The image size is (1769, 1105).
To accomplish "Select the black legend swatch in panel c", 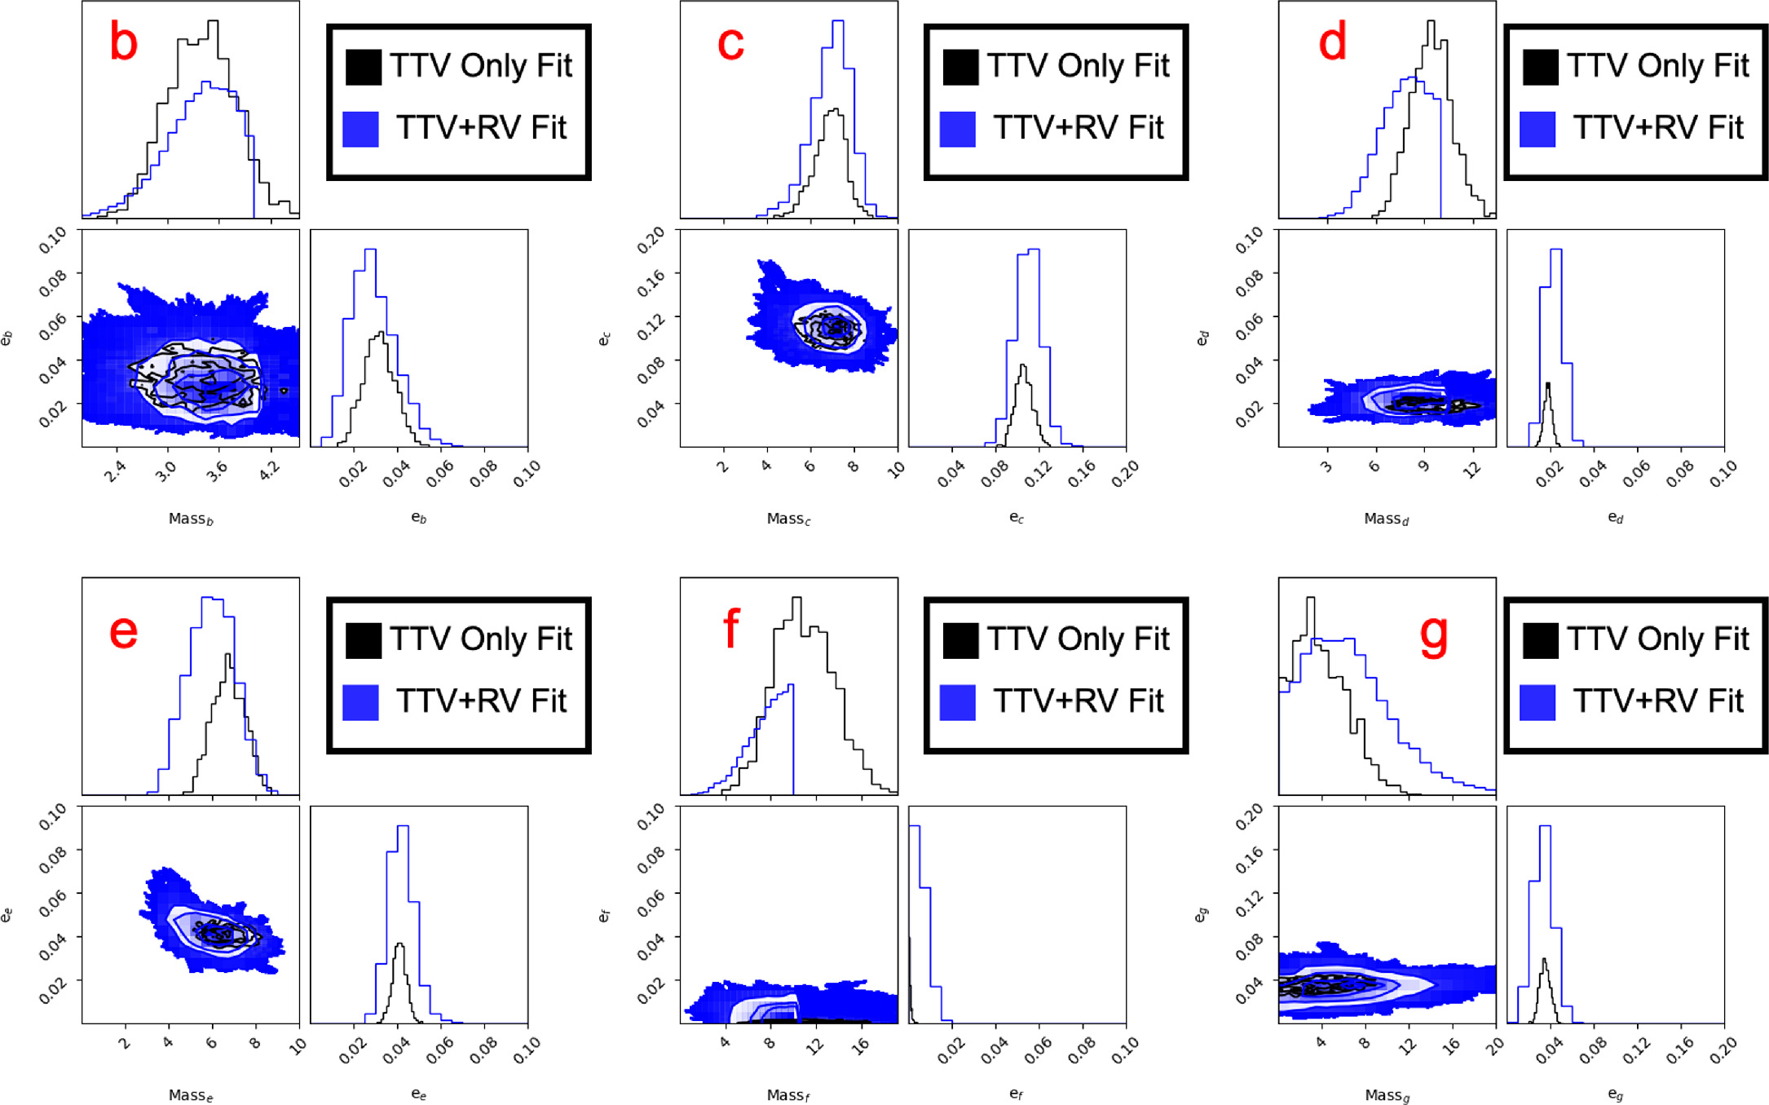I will pyautogui.click(x=960, y=68).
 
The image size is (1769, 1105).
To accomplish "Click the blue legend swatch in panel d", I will pyautogui.click(x=1537, y=130).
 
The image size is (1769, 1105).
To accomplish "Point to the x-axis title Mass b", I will pyautogui.click(x=191, y=519).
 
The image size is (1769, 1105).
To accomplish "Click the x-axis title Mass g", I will pyautogui.click(x=1387, y=1095).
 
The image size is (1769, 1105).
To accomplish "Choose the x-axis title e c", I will pyautogui.click(x=1016, y=518).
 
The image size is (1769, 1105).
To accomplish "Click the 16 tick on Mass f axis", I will pyautogui.click(x=859, y=1046).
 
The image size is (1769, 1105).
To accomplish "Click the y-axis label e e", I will pyautogui.click(x=7, y=915).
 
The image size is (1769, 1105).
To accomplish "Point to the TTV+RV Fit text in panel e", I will pyautogui.click(x=481, y=701).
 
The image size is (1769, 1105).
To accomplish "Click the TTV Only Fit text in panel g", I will pyautogui.click(x=1657, y=639).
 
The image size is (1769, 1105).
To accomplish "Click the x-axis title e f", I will pyautogui.click(x=1016, y=1094).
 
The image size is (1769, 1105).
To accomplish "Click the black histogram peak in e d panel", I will pyautogui.click(x=1547, y=383).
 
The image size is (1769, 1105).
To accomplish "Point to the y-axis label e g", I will pyautogui.click(x=1201, y=915).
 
